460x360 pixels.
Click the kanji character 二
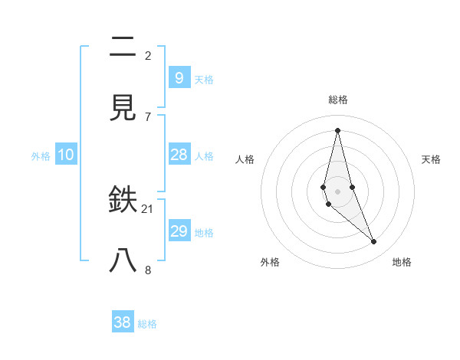pos(123,47)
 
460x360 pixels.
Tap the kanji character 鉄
pos(123,201)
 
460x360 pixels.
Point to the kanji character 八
pos(123,260)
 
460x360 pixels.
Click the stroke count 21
pos(148,209)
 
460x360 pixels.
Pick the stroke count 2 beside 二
pos(148,56)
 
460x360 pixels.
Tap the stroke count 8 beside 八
pos(148,269)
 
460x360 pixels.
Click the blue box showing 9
pos(179,78)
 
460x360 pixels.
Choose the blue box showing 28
pos(179,155)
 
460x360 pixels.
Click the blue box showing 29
pos(179,231)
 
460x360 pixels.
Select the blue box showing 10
pos(65,155)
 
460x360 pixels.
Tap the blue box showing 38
pos(123,322)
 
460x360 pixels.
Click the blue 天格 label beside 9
pos(204,79)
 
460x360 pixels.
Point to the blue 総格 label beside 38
pos(148,324)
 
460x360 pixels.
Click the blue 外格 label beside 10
pos(41,156)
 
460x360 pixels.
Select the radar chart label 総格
pos(338,100)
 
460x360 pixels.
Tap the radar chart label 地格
pos(402,262)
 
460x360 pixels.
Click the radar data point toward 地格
pos(374,242)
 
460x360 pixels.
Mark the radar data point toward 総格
pos(337,129)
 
